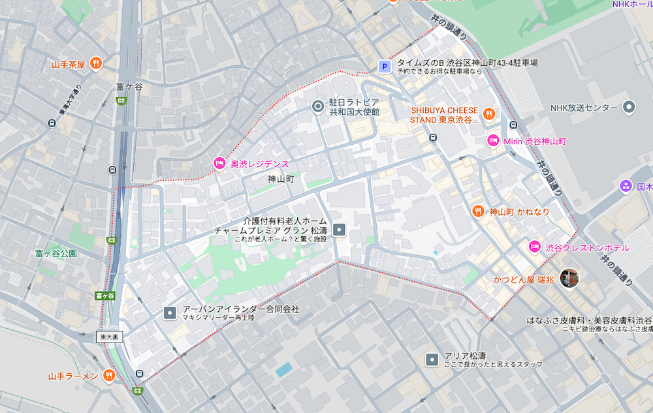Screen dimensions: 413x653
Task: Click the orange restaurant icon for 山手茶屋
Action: click(x=96, y=63)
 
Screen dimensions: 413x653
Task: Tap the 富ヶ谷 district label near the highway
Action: click(x=129, y=86)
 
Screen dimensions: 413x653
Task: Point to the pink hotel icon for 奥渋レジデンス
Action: click(x=219, y=163)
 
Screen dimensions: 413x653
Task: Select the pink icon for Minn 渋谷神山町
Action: click(x=493, y=141)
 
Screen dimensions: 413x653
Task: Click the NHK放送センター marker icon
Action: click(x=629, y=107)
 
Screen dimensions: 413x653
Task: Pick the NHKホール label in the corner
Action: click(x=631, y=5)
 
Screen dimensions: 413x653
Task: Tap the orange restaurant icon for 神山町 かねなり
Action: click(x=478, y=211)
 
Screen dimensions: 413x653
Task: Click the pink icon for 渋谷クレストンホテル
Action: click(x=534, y=247)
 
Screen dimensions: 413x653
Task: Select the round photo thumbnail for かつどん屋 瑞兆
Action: click(x=569, y=278)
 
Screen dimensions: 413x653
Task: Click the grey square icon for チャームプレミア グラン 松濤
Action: click(x=339, y=229)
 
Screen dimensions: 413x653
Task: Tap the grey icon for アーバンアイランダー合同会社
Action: click(x=170, y=313)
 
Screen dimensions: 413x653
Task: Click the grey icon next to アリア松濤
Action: click(x=432, y=359)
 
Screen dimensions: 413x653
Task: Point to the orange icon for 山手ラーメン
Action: click(x=109, y=376)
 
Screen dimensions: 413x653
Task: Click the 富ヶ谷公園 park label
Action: click(x=57, y=252)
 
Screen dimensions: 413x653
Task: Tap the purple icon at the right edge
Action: click(x=626, y=187)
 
